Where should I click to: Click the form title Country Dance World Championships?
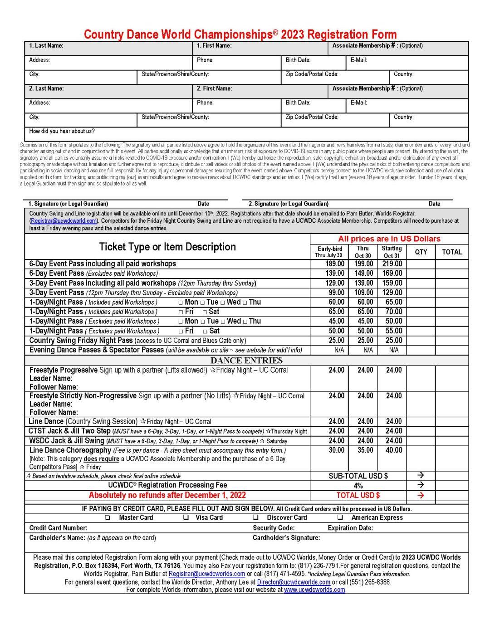point(240,34)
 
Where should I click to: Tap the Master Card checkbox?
point(107,518)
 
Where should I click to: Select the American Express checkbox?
point(340,518)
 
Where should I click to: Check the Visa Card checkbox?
point(186,518)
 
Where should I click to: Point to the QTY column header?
point(421,252)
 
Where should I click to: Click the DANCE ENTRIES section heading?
point(246,361)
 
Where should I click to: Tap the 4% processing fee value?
point(358,486)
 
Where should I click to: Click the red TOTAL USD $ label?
point(358,495)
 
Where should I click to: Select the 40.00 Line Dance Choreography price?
point(394,450)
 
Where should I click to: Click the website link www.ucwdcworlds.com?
point(314,590)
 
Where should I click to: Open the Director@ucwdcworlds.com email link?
point(294,582)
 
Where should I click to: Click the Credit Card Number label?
point(58,528)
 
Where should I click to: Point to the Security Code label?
point(274,528)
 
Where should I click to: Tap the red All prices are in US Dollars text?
point(389,239)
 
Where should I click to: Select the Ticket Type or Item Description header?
point(167,247)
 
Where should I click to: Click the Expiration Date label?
point(350,528)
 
